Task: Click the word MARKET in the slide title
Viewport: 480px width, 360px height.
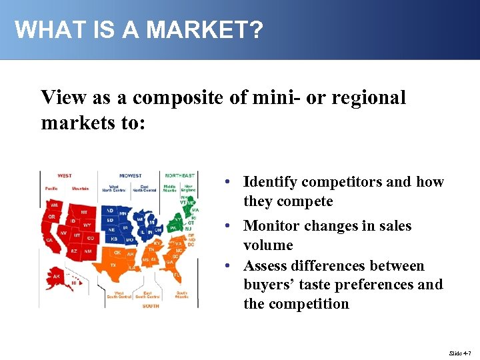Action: pos(199,29)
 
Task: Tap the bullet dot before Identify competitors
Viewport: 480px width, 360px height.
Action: pos(228,182)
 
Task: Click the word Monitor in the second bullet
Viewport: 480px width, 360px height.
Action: pos(271,226)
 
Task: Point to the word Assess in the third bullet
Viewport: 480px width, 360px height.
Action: pos(267,266)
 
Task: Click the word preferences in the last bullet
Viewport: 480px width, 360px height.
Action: pos(383,285)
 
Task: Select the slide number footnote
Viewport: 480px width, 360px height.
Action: pos(459,351)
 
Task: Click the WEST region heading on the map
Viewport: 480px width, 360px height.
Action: pos(65,176)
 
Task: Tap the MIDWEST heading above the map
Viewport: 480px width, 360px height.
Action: pos(130,176)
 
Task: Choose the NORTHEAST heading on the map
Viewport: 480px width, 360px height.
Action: pos(180,176)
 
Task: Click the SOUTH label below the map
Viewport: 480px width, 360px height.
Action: pos(151,306)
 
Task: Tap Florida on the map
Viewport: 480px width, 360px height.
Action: pos(177,274)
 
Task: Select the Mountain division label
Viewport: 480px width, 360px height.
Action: pos(80,189)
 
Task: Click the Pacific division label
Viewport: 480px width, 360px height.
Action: pos(51,189)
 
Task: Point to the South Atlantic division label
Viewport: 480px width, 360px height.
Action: pos(181,295)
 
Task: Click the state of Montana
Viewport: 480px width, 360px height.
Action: pos(84,212)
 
